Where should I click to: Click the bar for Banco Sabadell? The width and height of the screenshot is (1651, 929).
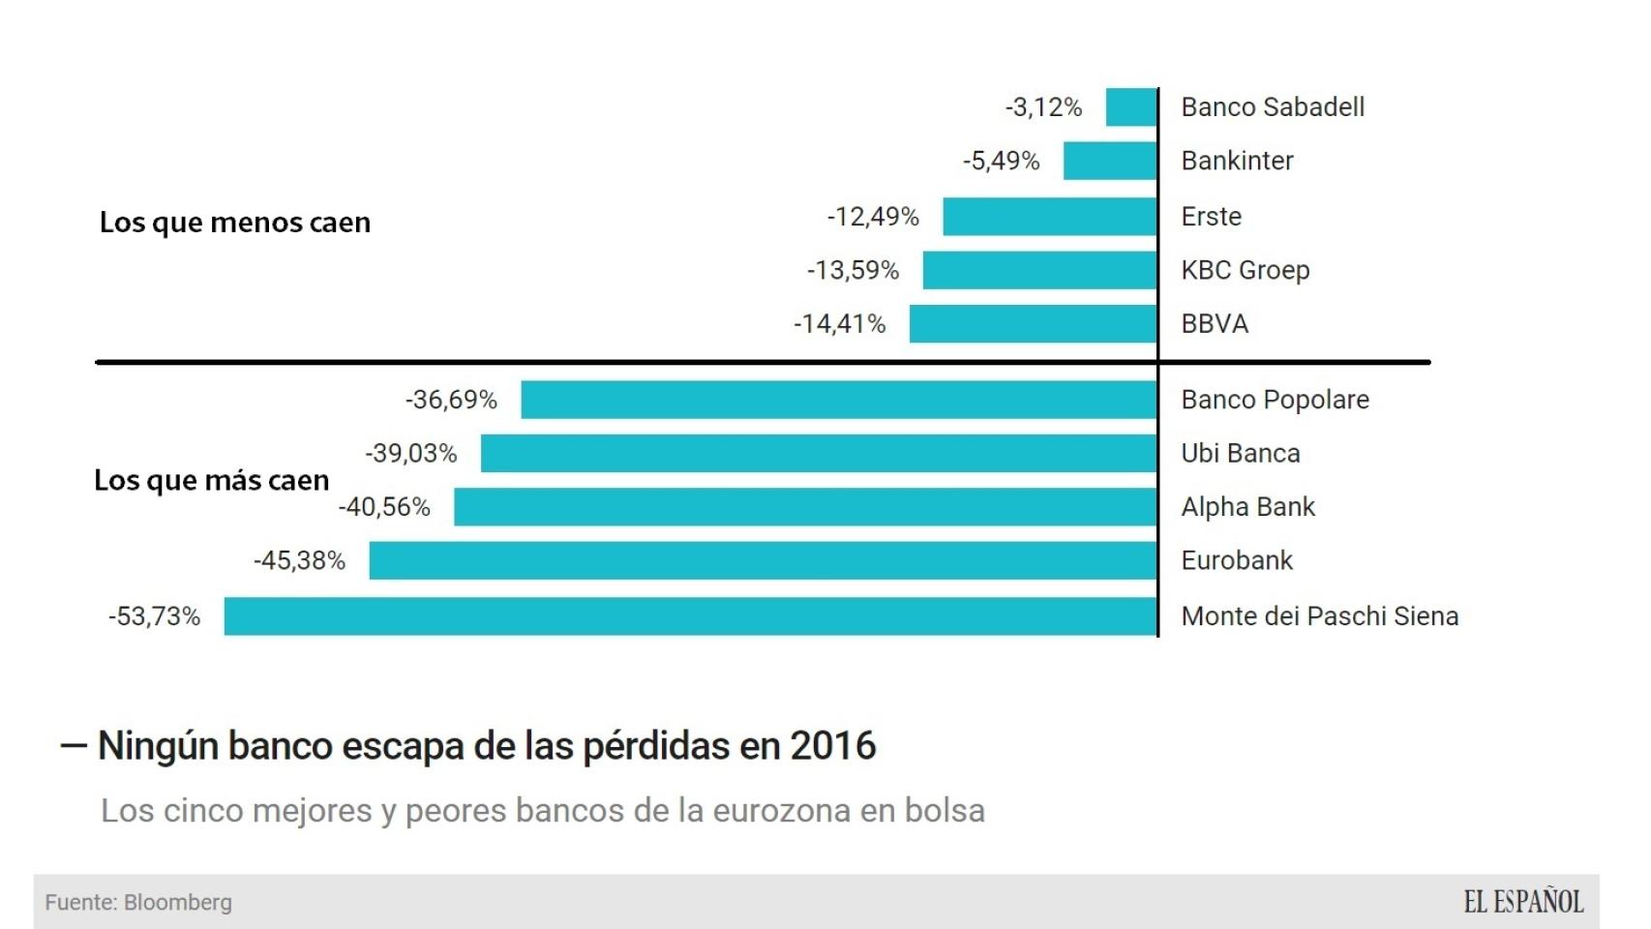pos(1131,106)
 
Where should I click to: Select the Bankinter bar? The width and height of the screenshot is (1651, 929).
pos(1110,161)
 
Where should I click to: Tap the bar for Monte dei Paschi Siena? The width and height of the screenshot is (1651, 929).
pos(690,616)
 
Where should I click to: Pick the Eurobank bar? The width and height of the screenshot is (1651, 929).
pos(763,560)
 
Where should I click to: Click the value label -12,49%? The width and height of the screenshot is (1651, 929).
pos(873,217)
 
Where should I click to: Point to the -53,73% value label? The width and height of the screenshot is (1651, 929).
pos(155,616)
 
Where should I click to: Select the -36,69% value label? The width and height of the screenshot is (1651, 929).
pos(451,400)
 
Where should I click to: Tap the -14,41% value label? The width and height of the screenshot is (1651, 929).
pos(840,324)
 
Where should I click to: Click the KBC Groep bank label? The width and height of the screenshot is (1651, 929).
pos(1245,270)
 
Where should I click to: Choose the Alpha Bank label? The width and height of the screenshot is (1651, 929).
pos(1247,507)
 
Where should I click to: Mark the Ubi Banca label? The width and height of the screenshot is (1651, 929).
pos(1240,453)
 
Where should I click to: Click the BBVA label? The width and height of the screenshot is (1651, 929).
pos(1215,324)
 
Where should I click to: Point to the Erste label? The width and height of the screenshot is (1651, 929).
pos(1211,217)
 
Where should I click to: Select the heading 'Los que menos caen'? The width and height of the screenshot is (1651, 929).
pos(235,223)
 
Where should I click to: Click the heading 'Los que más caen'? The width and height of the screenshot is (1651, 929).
pos(212,481)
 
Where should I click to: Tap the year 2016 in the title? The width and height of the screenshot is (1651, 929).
pos(832,746)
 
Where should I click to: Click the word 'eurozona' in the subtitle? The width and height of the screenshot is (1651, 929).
pos(779,811)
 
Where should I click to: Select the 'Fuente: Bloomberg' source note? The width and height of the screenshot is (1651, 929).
pos(138,903)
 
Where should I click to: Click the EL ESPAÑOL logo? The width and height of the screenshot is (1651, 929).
pos(1523,902)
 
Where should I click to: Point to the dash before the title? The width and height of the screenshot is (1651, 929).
pos(74,746)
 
